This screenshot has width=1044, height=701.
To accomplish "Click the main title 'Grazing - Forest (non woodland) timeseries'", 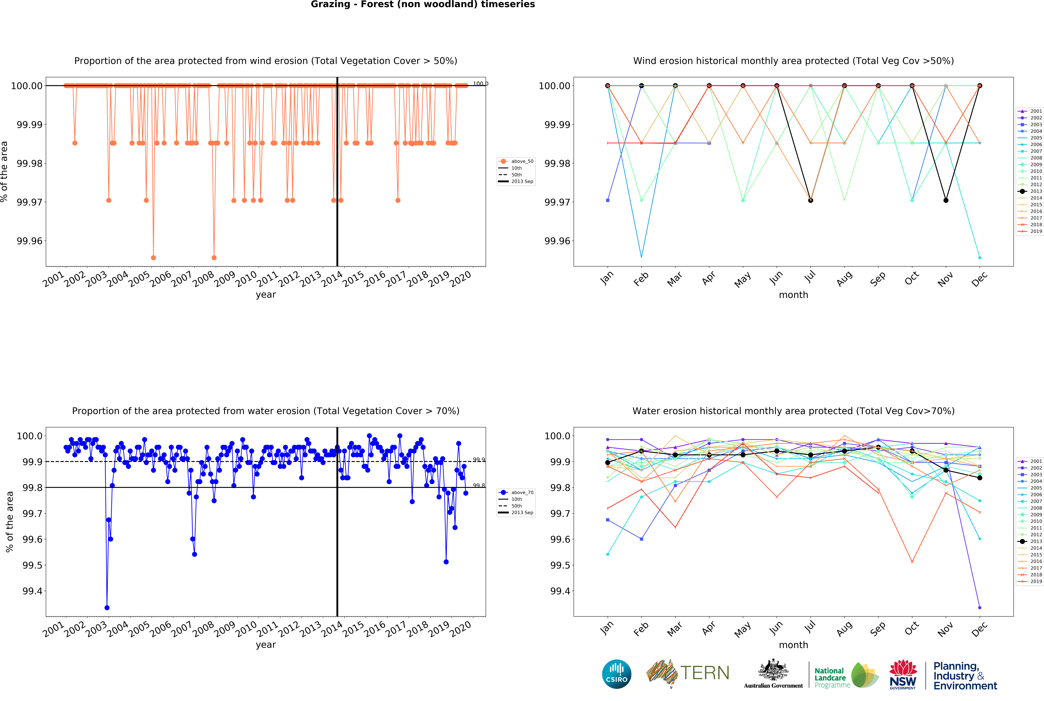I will pyautogui.click(x=423, y=4).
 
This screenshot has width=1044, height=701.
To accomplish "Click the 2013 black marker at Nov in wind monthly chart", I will pyautogui.click(x=946, y=200).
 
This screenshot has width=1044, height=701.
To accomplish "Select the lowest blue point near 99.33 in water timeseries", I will pyautogui.click(x=107, y=608).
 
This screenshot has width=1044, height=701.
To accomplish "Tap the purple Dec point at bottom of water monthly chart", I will pyautogui.click(x=980, y=608).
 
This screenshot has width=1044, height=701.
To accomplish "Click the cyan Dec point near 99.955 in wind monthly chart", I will pyautogui.click(x=980, y=257).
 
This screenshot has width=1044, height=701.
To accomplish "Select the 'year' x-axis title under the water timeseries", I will pyautogui.click(x=266, y=645).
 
